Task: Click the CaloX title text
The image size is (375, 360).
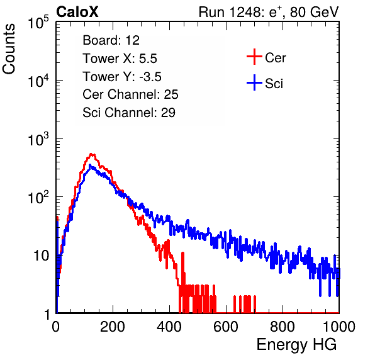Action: [x=77, y=12]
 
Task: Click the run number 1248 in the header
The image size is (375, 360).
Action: [x=244, y=12]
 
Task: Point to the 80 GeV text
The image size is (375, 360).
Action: [x=315, y=12]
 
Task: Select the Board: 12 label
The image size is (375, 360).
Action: [x=111, y=40]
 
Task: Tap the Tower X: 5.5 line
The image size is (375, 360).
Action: [x=120, y=59]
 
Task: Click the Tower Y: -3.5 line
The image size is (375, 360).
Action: [x=122, y=77]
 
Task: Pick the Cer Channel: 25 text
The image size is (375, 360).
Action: [x=130, y=94]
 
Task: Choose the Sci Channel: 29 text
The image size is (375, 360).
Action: [x=129, y=113]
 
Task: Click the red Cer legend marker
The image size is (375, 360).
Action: [x=254, y=57]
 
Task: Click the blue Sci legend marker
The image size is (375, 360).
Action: [x=254, y=82]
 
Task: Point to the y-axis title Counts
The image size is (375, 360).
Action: [x=9, y=49]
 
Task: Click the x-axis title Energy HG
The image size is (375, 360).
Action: [x=296, y=345]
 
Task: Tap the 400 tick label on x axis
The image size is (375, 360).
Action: [x=169, y=327]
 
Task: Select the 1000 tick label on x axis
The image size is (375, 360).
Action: [x=339, y=327]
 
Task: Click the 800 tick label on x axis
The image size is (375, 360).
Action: [x=283, y=327]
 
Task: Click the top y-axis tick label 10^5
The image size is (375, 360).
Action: [x=38, y=22]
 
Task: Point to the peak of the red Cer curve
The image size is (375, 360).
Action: [x=91, y=154]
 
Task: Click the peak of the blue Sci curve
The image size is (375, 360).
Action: [x=90, y=165]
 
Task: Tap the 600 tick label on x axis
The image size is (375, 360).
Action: [x=226, y=327]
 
